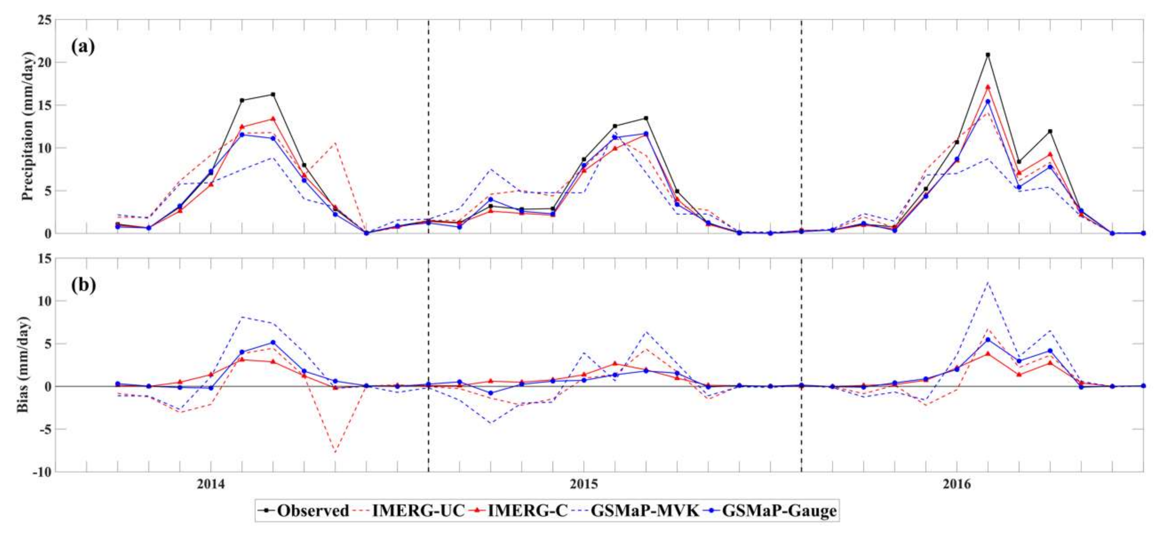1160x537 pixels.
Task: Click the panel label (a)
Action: [x=83, y=46]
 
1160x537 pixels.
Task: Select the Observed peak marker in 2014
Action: [x=273, y=95]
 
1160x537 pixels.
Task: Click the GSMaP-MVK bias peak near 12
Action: [x=988, y=283]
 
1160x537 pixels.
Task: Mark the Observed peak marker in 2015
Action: [x=646, y=118]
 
